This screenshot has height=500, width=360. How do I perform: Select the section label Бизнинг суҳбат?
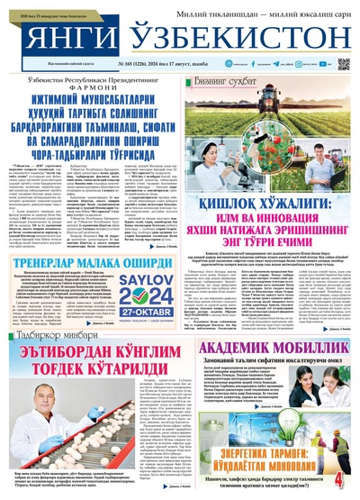[x=226, y=82]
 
